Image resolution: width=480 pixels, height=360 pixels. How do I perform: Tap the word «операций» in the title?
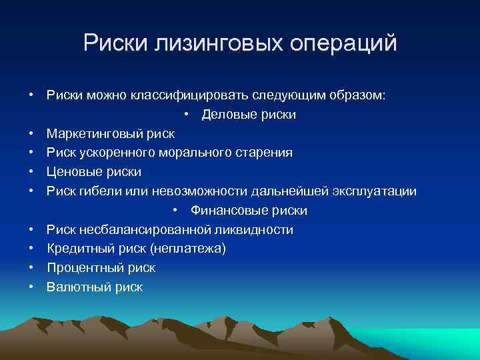click(343, 43)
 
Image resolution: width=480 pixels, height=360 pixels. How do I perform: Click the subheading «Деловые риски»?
click(249, 115)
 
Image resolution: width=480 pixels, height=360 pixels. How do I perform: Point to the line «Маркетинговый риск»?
click(111, 134)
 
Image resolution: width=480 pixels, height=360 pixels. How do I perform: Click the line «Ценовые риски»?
click(94, 172)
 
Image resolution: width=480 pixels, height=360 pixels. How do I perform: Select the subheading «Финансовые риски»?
click(249, 211)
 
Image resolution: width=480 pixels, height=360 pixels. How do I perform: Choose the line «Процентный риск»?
click(101, 268)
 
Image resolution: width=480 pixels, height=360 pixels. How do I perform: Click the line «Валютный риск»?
click(95, 287)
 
